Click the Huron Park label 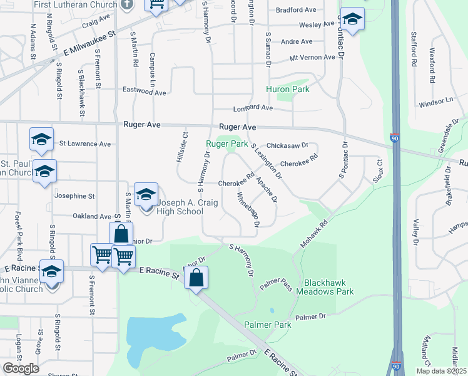pos(288,89)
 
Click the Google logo pos(21,368)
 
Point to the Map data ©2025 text pos(440,370)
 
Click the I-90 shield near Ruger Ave pos(394,137)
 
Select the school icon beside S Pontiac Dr pos(353,19)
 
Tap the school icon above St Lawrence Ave pos(41,139)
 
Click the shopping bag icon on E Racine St pos(196,279)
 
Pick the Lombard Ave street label pos(253,108)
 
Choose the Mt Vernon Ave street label pos(312,58)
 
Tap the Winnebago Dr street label pos(248,211)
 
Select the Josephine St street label pos(74,196)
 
